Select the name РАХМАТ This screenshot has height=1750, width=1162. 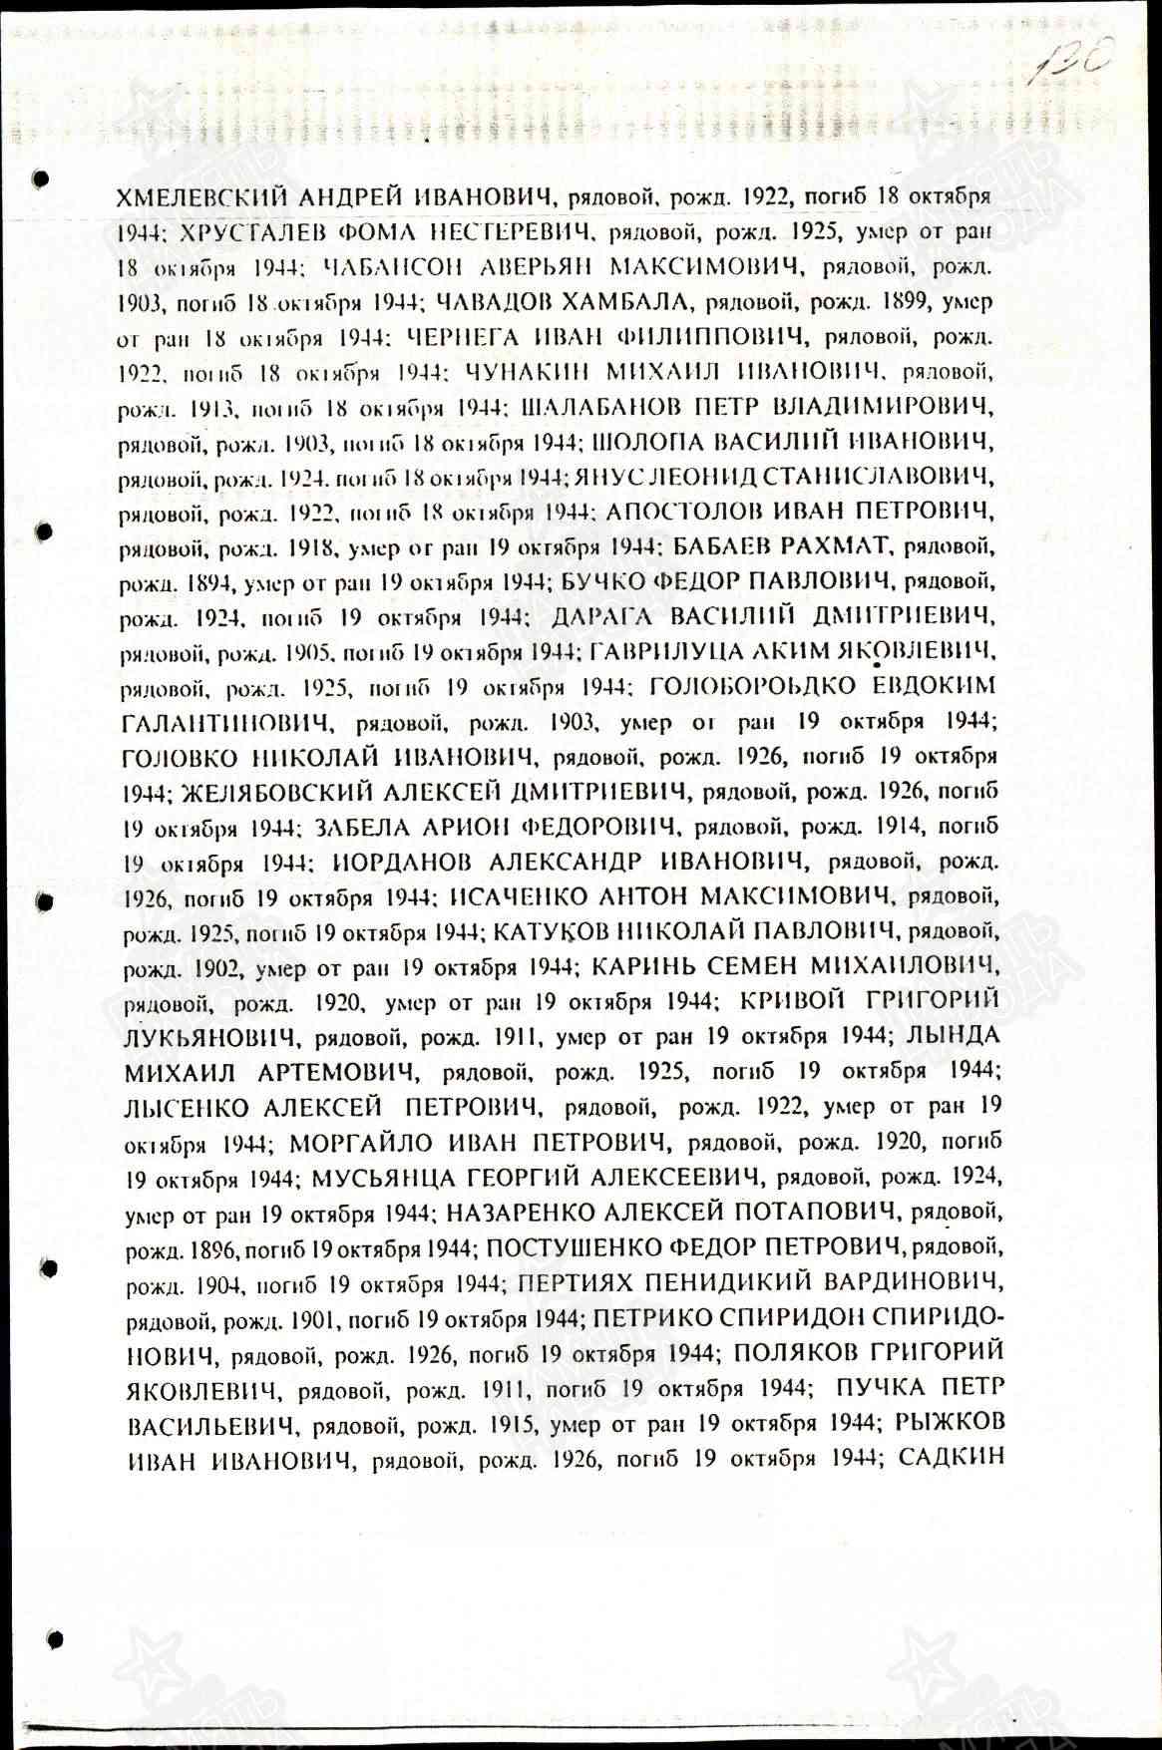(x=810, y=547)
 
